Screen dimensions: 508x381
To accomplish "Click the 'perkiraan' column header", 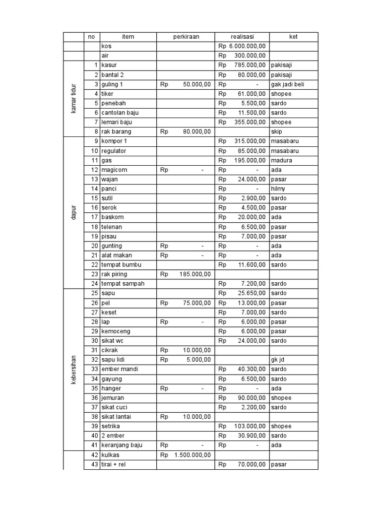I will point(186,37).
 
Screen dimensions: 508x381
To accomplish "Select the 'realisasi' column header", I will point(242,37).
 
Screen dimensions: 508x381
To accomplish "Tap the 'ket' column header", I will point(293,37).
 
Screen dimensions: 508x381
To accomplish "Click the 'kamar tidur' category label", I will point(73,98).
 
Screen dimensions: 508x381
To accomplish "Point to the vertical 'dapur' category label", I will point(73,212).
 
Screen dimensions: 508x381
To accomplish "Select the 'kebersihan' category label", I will point(73,369).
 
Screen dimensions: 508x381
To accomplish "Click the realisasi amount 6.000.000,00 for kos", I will point(247,46).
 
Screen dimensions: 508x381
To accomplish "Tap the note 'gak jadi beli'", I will point(288,84).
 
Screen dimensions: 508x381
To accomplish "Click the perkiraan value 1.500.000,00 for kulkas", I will point(192,455).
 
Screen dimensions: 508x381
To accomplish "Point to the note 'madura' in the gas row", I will point(282,160).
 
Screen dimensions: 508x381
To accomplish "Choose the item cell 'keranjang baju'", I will point(122,445).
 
